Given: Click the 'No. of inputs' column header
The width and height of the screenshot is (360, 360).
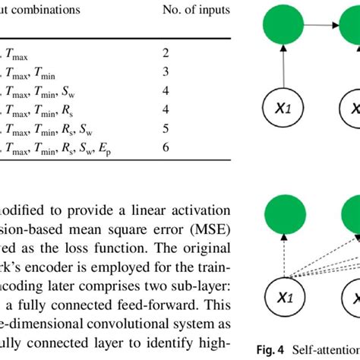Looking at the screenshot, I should click(x=196, y=11).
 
